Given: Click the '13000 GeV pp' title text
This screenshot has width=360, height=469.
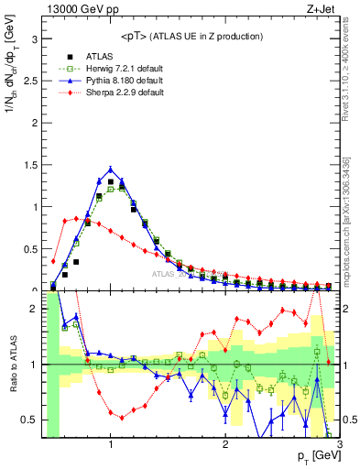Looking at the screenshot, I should [79, 8].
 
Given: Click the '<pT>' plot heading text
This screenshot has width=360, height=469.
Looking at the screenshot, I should [190, 36].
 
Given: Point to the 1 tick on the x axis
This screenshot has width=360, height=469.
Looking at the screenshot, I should [111, 445].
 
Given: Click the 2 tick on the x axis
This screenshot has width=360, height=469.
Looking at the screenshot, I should [225, 445].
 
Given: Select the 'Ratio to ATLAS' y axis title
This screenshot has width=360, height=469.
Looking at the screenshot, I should [10, 366].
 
